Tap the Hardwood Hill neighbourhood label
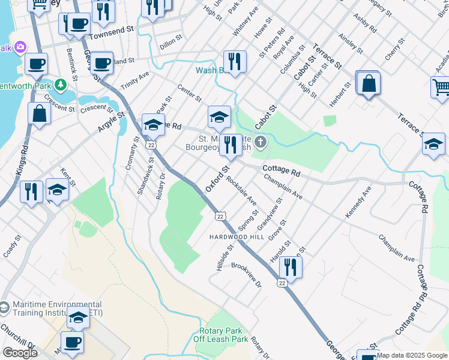[237, 237]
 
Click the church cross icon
[260, 142]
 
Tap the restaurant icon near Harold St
[291, 267]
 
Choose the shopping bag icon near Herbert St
[369, 83]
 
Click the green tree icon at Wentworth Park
[60, 85]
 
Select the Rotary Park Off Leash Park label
[221, 335]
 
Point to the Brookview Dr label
[247, 274]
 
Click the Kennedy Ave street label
[358, 202]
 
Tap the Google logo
[19, 352]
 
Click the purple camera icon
[20, 47]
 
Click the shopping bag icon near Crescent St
[40, 113]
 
